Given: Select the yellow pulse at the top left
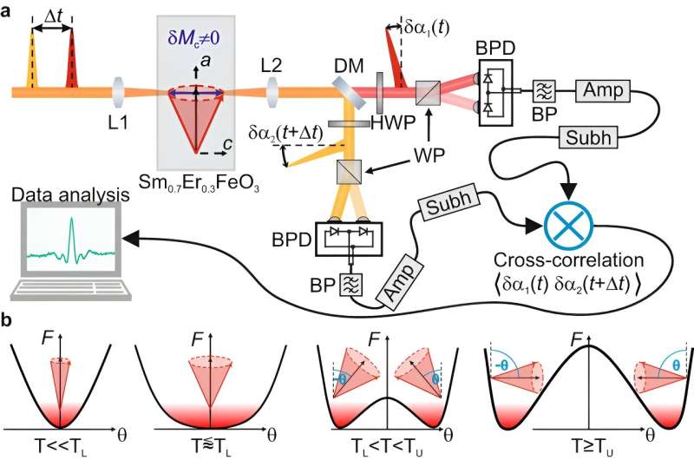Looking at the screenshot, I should (33, 58).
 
